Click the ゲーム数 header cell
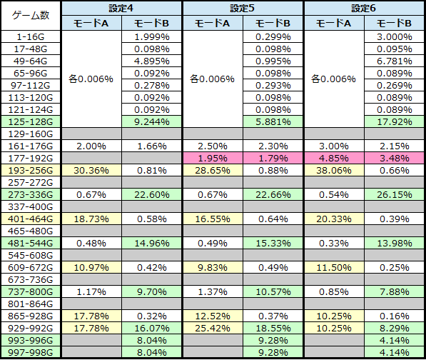[x=31, y=16]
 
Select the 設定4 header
[x=121, y=8]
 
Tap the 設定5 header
[x=243, y=8]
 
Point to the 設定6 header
[x=364, y=8]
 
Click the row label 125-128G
[x=31, y=121]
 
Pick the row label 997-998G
[x=31, y=352]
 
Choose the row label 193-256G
[x=31, y=170]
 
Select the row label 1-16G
[x=31, y=36]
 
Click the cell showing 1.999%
[x=151, y=36]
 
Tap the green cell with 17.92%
[x=395, y=121]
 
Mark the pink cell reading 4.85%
[x=334, y=158]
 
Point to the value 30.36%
[x=91, y=170]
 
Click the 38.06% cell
[x=334, y=170]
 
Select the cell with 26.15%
[x=395, y=194]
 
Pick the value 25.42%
[x=213, y=328]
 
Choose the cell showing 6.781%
[x=395, y=61]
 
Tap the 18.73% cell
[x=91, y=219]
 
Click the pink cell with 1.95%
[x=213, y=158]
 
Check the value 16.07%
[x=151, y=328]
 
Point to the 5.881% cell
[x=273, y=121]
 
